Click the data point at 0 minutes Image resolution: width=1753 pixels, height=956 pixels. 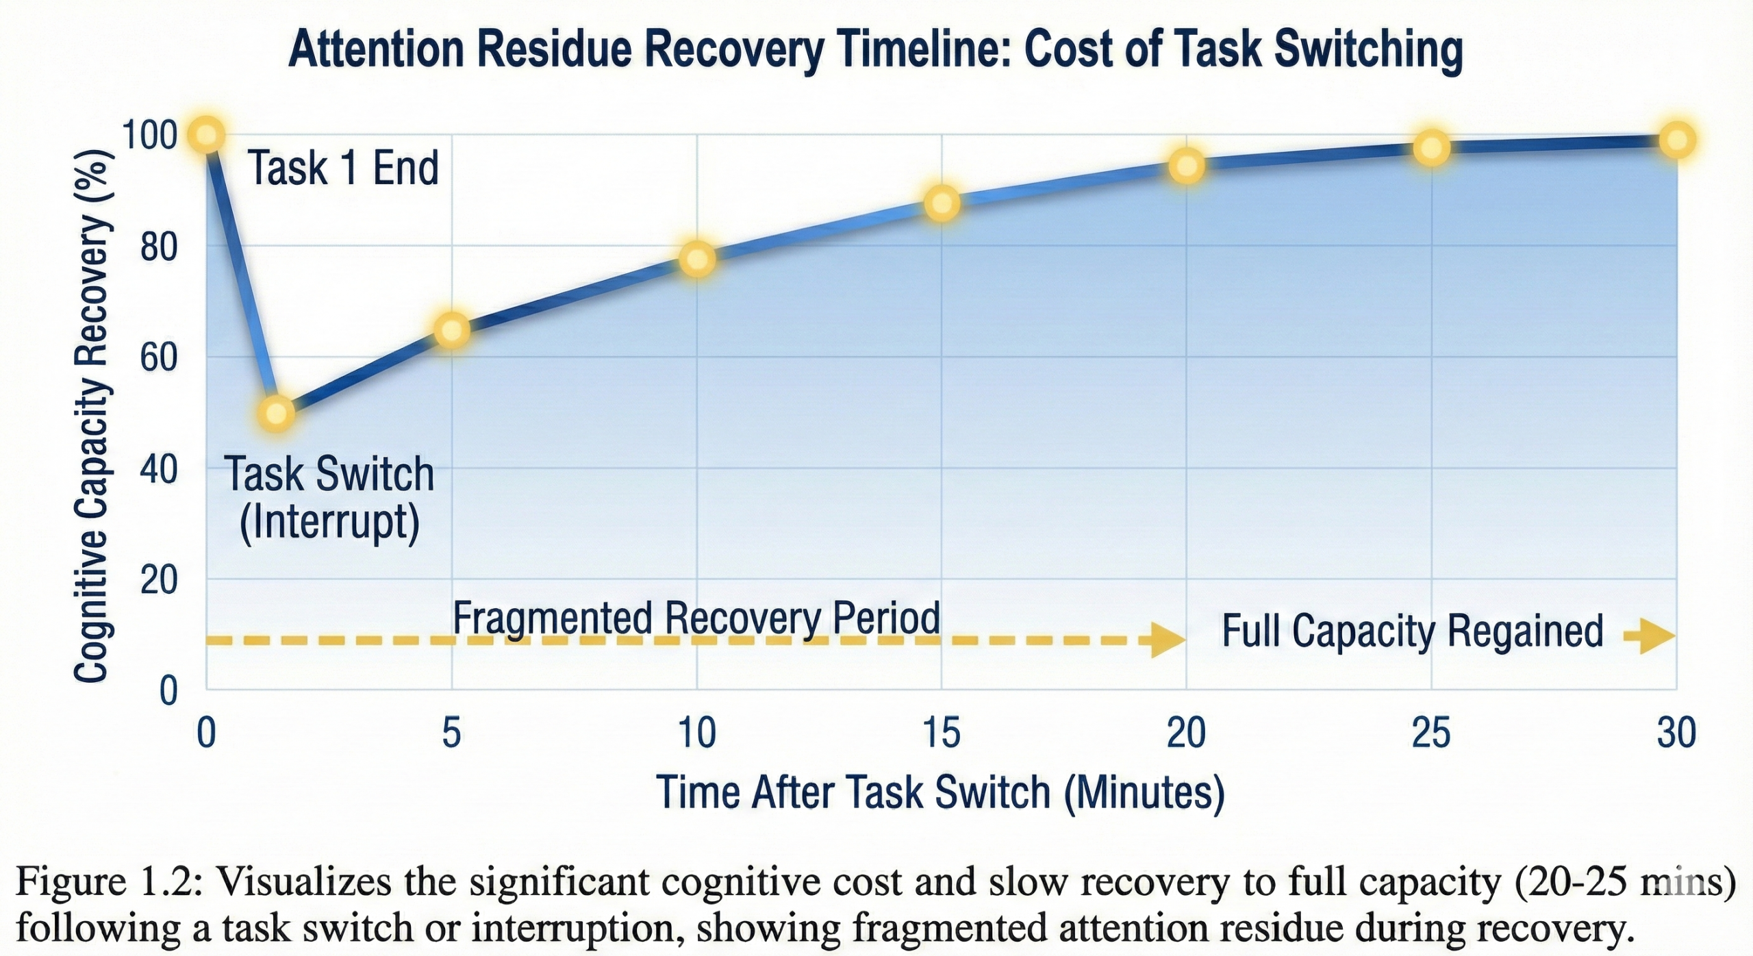coord(207,135)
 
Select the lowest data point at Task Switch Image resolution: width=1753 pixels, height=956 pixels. coord(276,413)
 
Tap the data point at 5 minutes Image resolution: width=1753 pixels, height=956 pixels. coord(452,330)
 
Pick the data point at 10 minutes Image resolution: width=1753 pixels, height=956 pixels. coord(697,259)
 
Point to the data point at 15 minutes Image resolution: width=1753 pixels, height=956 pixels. coord(942,203)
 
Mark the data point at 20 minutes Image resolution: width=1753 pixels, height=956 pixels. coord(1187,166)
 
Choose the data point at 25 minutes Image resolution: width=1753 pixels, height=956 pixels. coord(1432,148)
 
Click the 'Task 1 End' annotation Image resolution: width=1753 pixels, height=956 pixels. coord(343,168)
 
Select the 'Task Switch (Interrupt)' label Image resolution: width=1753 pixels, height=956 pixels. coord(329,498)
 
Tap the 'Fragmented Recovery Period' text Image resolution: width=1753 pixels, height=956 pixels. coord(696,618)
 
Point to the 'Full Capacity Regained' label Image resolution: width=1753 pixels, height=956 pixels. coord(1412,631)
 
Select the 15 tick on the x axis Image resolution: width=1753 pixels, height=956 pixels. coord(942,733)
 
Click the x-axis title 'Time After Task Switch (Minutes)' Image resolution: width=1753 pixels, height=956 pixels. coord(940,793)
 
